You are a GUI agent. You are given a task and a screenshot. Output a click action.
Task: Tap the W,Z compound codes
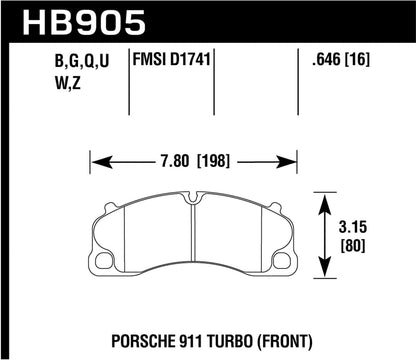coord(32,88)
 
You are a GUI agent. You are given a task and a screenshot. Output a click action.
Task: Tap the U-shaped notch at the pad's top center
coord(195,200)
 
